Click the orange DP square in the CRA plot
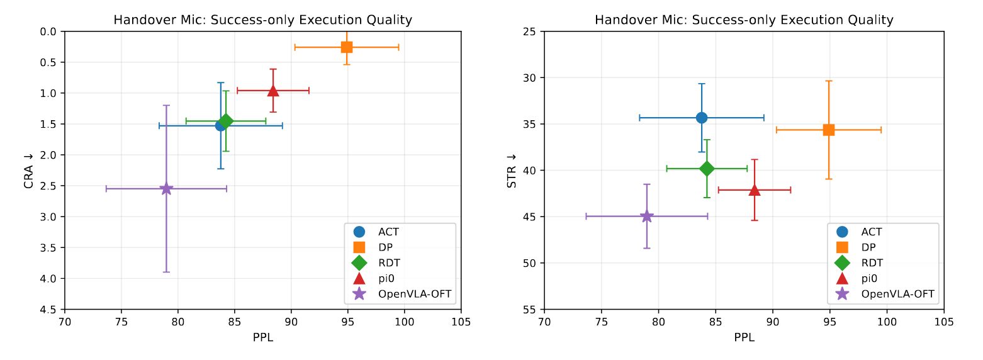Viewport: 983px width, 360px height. click(346, 47)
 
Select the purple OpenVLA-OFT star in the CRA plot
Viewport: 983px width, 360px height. click(166, 188)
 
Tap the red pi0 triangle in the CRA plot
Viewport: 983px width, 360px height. click(273, 91)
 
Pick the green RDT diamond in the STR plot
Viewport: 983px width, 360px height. click(707, 168)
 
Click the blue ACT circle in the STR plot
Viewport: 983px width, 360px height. click(702, 118)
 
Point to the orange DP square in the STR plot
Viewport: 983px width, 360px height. click(829, 130)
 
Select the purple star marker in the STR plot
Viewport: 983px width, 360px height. click(647, 216)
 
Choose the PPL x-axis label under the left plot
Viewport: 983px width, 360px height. click(262, 337)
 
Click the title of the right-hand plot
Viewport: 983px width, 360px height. click(744, 20)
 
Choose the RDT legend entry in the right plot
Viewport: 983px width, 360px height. click(872, 262)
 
